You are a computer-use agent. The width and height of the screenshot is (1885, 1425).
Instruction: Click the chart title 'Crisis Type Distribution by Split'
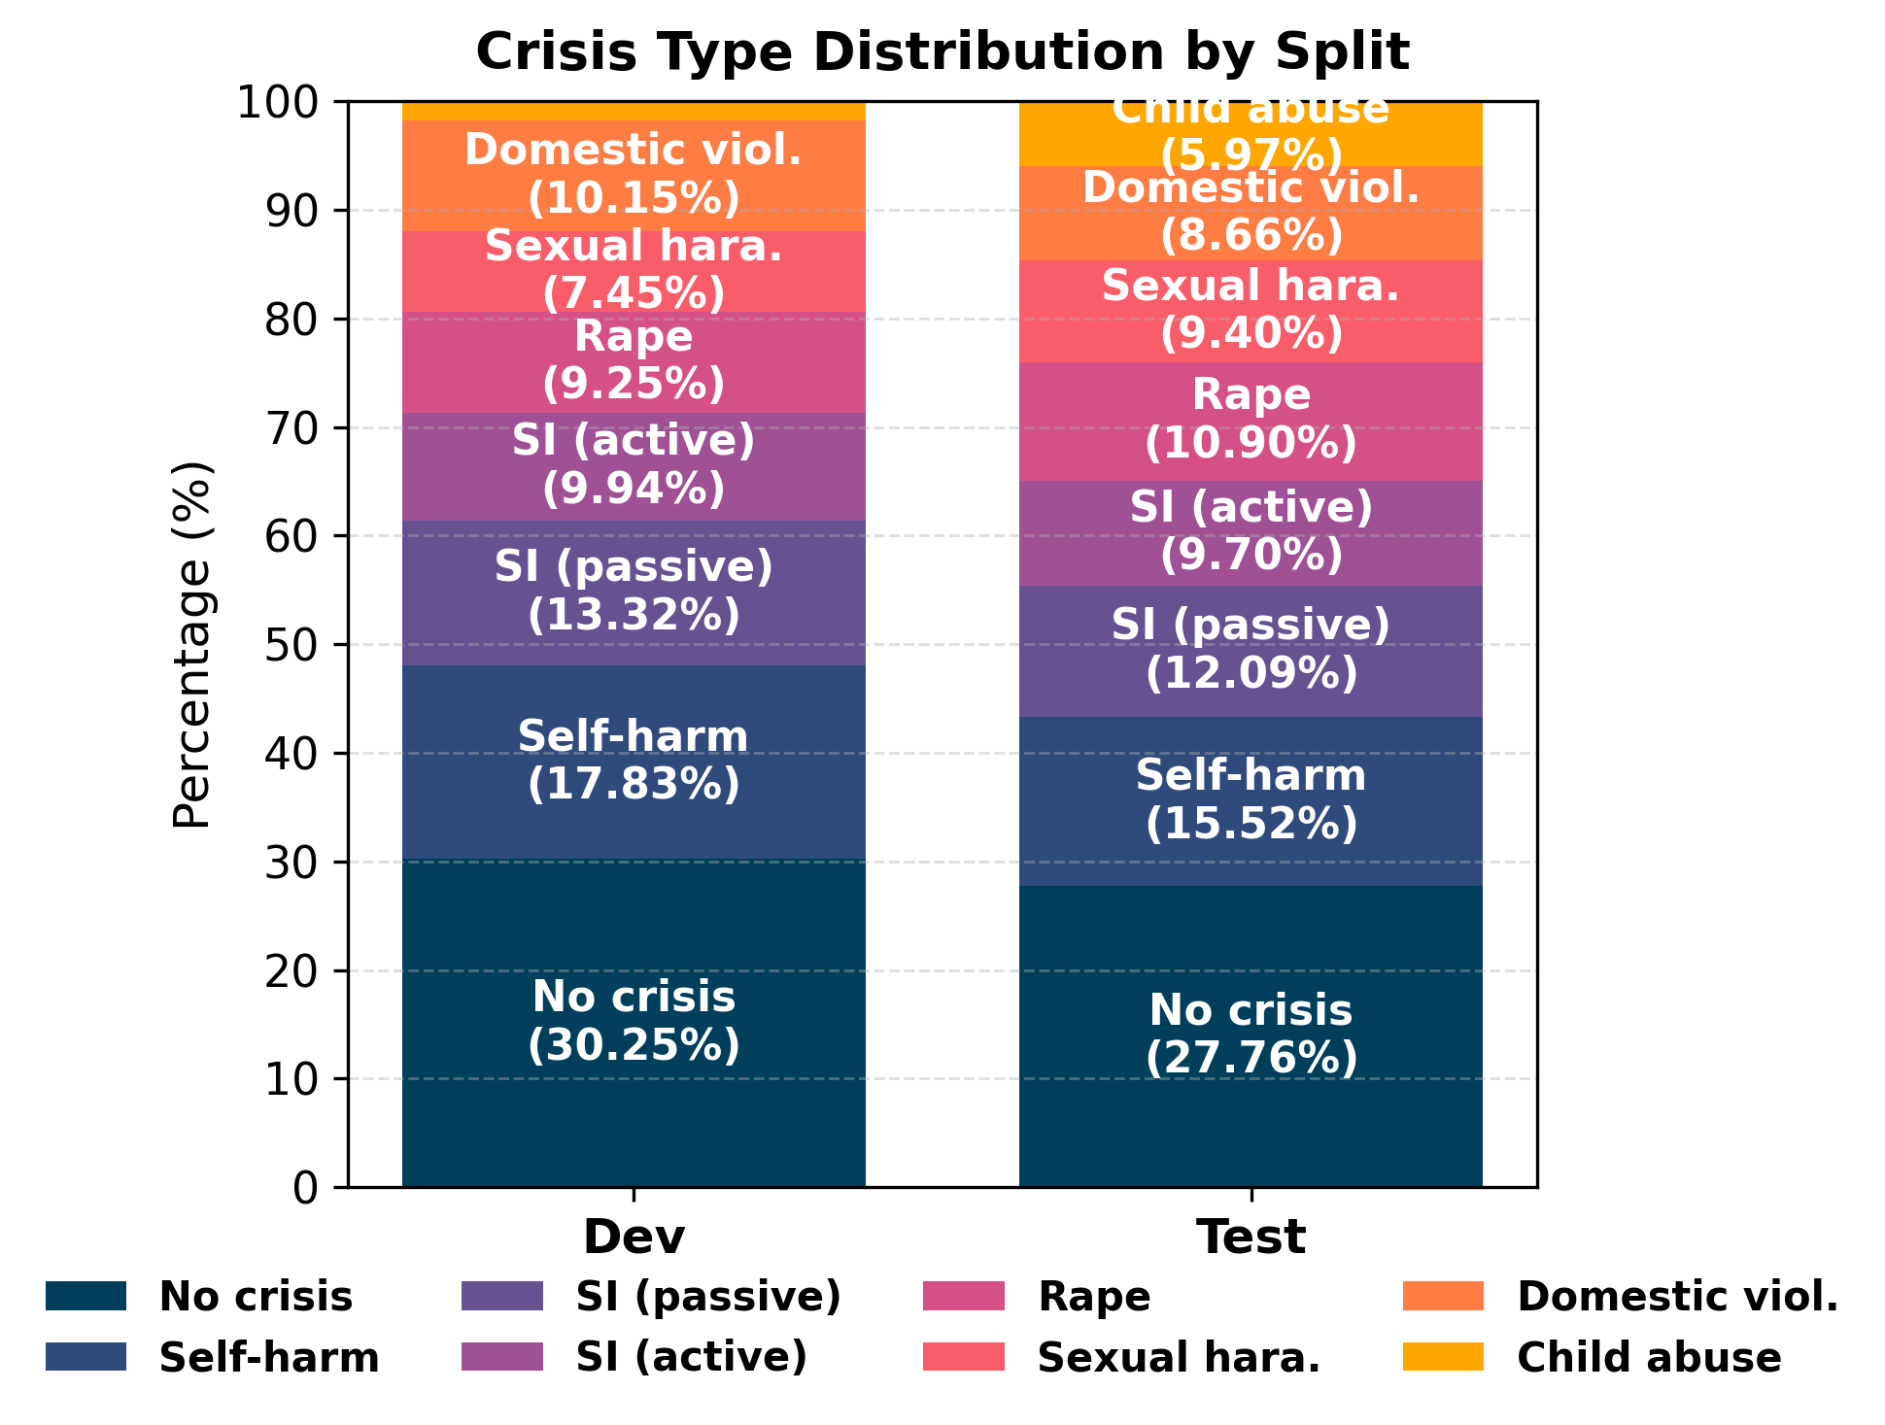click(942, 51)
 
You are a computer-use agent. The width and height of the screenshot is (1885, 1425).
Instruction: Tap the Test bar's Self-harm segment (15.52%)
click(1251, 800)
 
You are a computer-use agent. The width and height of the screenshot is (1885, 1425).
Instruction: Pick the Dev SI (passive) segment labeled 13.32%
click(634, 592)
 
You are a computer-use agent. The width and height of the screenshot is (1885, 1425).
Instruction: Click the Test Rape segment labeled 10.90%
click(1251, 421)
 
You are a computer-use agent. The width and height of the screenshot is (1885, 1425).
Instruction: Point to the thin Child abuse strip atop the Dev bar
click(634, 111)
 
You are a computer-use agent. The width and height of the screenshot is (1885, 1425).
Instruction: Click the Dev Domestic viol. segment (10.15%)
click(634, 175)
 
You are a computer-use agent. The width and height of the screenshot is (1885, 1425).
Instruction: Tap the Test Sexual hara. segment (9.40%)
click(1251, 311)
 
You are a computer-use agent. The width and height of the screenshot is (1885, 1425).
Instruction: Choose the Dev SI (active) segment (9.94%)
click(634, 466)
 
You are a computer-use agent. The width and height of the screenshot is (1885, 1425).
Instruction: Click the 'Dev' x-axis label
click(634, 1238)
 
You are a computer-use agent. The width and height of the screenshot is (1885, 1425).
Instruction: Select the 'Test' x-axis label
click(1251, 1238)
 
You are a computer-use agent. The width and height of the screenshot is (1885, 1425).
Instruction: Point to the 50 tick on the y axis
click(291, 645)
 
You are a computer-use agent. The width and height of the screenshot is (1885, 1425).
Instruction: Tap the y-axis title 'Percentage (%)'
click(191, 645)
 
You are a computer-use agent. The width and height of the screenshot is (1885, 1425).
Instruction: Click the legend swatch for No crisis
click(86, 1296)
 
